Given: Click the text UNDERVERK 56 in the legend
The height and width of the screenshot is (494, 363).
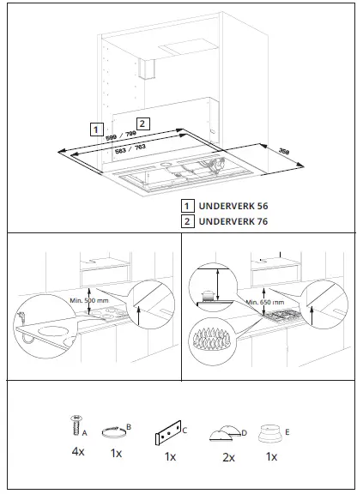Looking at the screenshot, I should (x=233, y=206).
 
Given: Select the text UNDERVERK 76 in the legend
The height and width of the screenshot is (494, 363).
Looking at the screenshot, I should (x=233, y=220).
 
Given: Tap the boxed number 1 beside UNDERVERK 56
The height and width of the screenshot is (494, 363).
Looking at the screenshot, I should (x=186, y=206).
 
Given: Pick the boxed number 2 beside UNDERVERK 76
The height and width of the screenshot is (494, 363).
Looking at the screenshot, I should (x=186, y=220).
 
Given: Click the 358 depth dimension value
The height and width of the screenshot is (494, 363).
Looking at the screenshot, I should (x=284, y=153).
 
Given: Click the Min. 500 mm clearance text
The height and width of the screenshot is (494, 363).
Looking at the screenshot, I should (x=90, y=300).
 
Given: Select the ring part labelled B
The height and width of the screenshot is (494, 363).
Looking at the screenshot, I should (x=115, y=430).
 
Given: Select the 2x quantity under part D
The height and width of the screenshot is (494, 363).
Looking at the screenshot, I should (x=228, y=457).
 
